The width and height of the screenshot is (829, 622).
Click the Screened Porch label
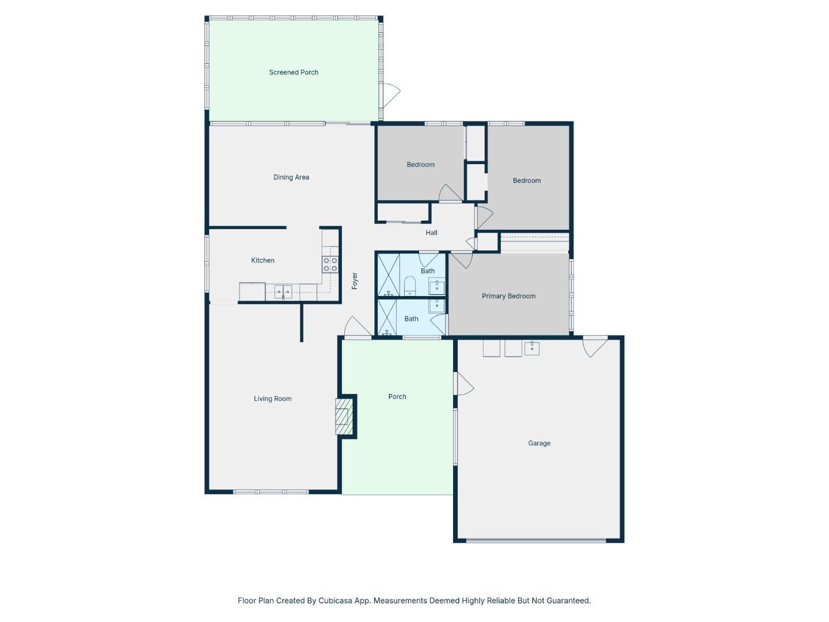tap(294, 73)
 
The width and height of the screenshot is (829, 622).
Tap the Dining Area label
tap(291, 177)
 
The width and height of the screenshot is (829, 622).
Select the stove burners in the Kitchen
tap(330, 264)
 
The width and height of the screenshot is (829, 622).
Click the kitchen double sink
tap(283, 292)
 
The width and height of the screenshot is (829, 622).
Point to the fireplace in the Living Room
tap(343, 416)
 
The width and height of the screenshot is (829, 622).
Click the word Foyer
tap(355, 281)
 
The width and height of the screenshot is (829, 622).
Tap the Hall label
tap(431, 233)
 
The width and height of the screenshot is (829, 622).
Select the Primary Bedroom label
tap(508, 296)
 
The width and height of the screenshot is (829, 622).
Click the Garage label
tap(539, 443)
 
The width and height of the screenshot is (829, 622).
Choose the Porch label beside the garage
tap(397, 397)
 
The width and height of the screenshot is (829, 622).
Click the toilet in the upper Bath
tap(410, 285)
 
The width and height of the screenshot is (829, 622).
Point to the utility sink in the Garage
tap(532, 348)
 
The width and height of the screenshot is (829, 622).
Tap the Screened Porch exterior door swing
tap(391, 95)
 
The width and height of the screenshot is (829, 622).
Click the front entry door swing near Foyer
tap(358, 327)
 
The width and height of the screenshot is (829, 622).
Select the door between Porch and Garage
tap(463, 384)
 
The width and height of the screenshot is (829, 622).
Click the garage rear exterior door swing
tap(595, 346)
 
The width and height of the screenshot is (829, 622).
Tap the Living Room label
tap(273, 399)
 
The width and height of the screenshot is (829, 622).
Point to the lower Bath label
tap(411, 319)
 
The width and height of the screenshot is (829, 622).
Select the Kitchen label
tap(263, 260)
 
